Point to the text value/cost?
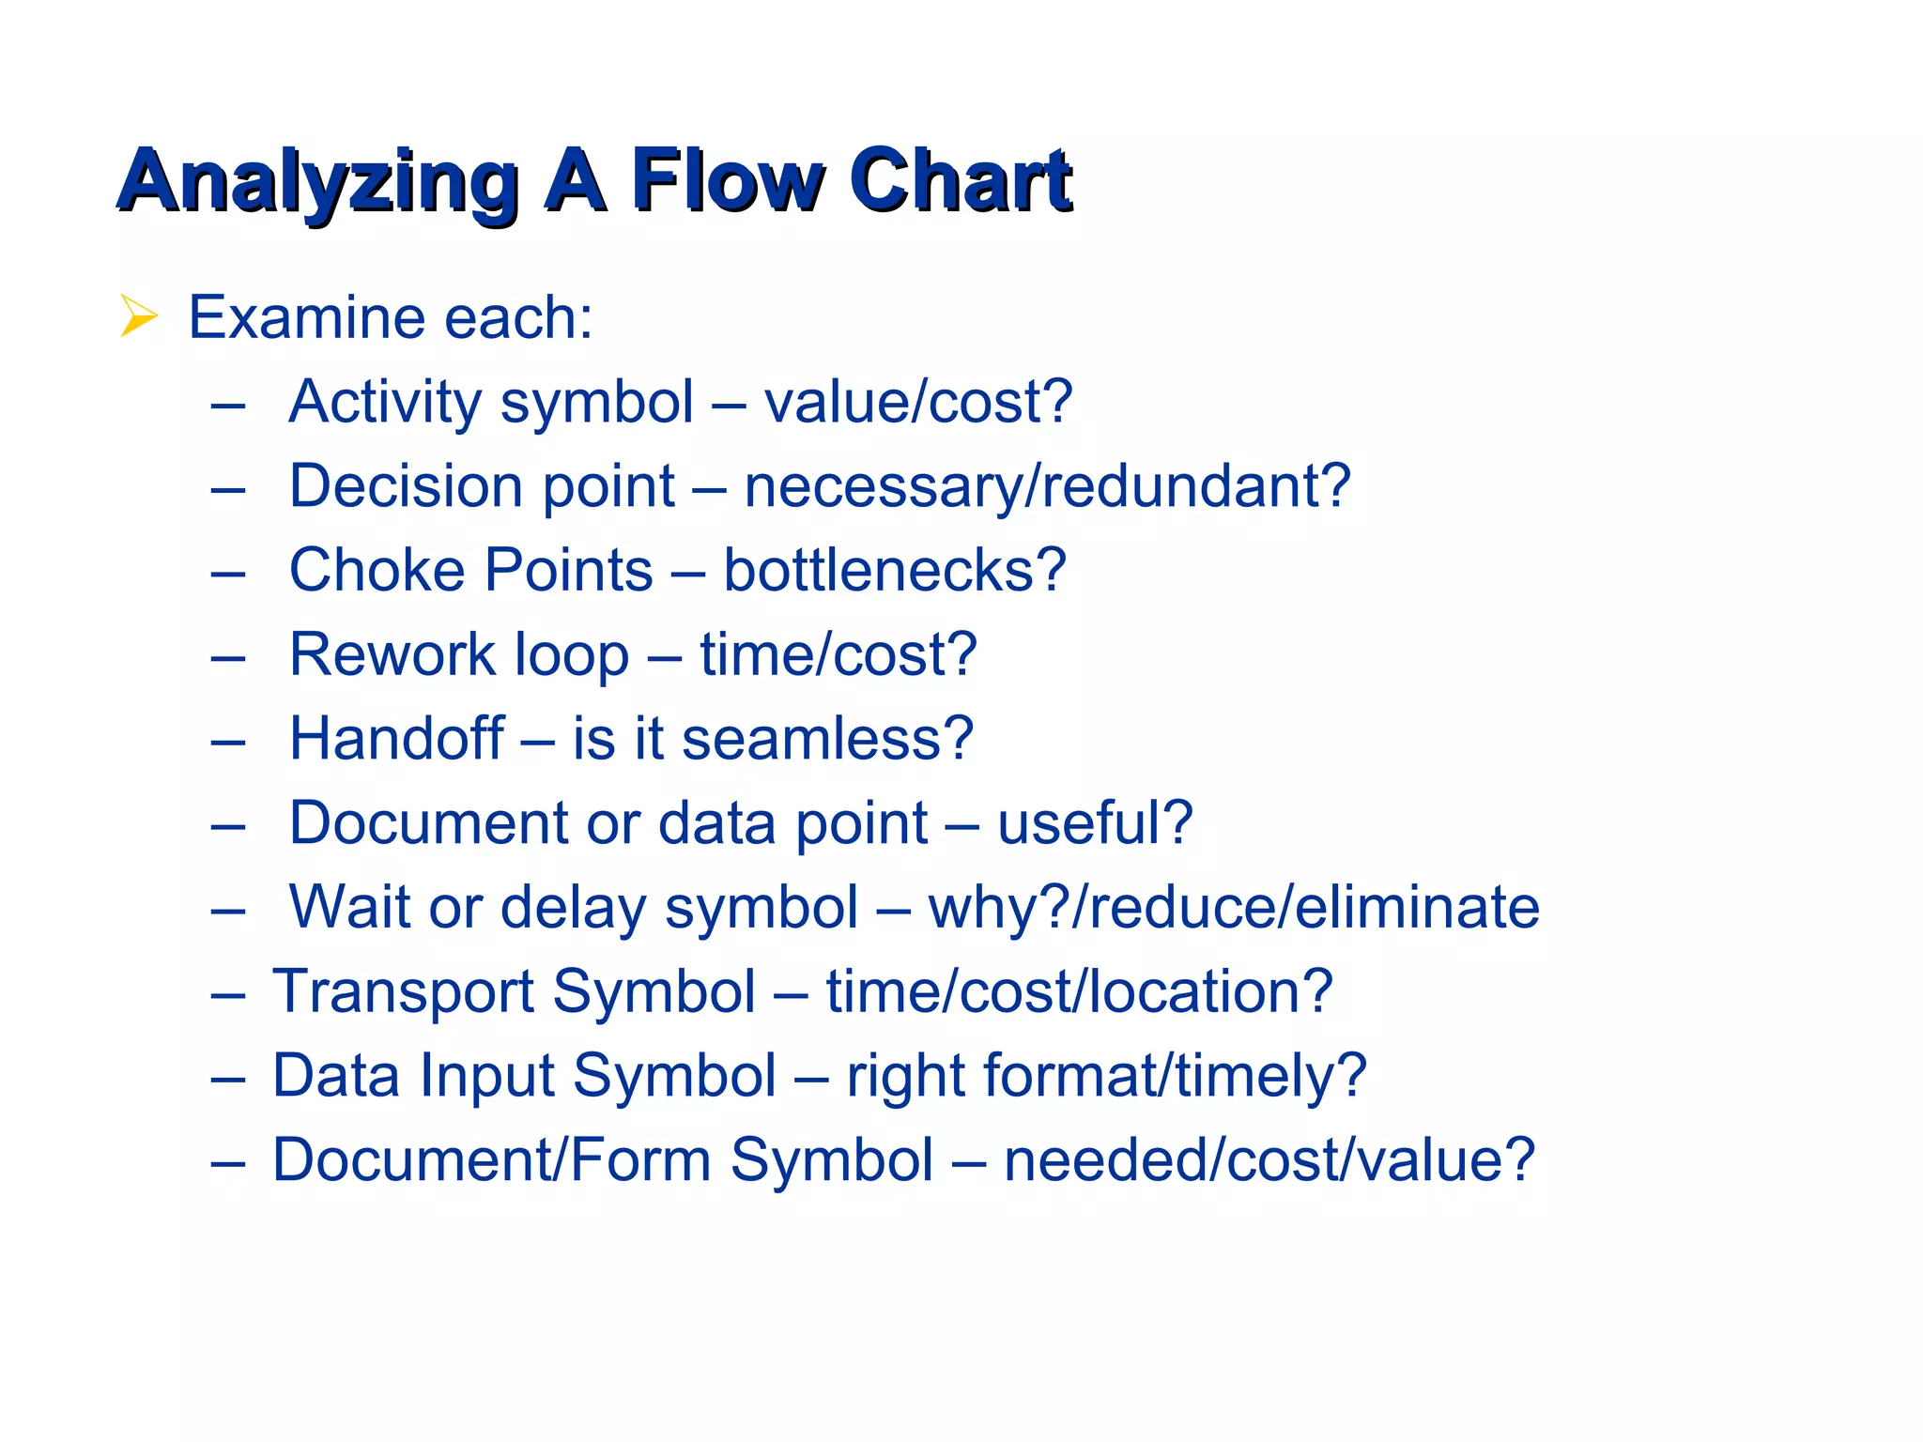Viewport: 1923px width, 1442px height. (x=917, y=403)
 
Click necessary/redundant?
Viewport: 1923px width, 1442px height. (x=1047, y=486)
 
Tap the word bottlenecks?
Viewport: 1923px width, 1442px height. (x=894, y=570)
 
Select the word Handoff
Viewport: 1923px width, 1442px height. (x=396, y=738)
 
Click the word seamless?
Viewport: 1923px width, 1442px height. (x=827, y=738)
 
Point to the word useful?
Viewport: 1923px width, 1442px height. (x=1095, y=822)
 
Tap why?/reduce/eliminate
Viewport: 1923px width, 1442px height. (x=1233, y=907)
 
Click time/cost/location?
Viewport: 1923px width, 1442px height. (x=1079, y=991)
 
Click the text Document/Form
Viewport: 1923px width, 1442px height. (x=491, y=1159)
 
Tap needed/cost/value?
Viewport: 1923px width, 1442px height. (x=1269, y=1159)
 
